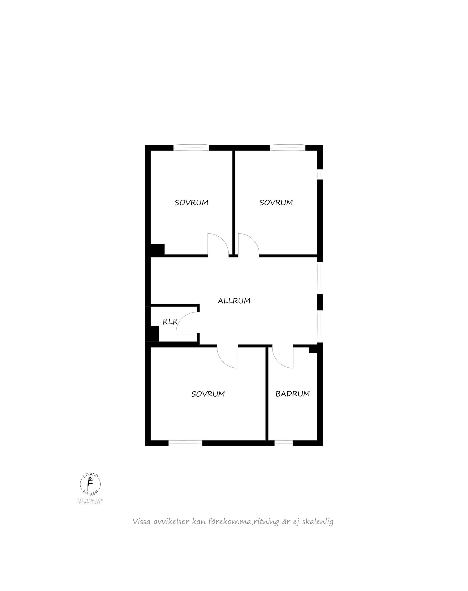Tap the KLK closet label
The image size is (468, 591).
[x=170, y=322]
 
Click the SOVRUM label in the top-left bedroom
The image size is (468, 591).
[x=192, y=203]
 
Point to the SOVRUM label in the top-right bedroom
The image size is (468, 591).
[x=276, y=203]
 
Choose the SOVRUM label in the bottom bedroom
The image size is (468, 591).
[x=208, y=394]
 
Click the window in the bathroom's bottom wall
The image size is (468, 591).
[x=283, y=443]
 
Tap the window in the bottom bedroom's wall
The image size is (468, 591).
[x=185, y=443]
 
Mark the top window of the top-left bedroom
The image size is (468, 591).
[x=191, y=148]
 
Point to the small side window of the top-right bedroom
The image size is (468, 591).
[x=320, y=174]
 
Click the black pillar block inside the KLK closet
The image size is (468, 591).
[x=154, y=333]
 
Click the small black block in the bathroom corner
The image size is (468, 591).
[x=313, y=350]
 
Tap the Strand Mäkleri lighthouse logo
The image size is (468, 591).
[x=90, y=484]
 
